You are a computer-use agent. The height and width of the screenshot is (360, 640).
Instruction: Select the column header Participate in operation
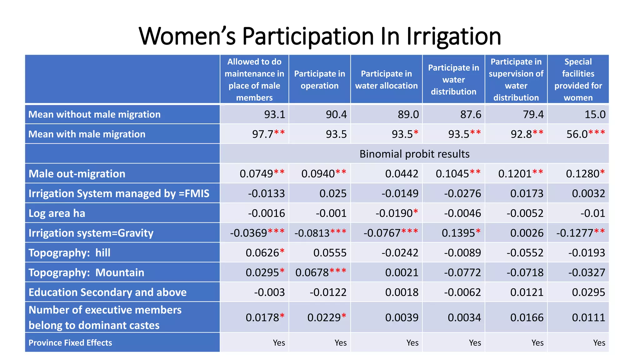319,79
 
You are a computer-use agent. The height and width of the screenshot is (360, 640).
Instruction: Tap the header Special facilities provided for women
578,79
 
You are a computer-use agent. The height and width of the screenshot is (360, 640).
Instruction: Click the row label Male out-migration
77,174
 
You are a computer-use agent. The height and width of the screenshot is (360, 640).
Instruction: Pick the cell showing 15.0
595,114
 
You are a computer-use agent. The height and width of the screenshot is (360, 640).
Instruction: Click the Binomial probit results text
414,154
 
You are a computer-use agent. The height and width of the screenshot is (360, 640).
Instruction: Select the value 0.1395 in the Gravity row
461,233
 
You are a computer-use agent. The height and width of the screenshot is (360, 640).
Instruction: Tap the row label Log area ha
57,213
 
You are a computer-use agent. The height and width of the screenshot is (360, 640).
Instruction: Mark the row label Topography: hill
69,252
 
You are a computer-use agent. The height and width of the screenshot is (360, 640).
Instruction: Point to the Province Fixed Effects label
70,342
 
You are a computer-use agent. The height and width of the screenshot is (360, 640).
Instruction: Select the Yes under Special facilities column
599,343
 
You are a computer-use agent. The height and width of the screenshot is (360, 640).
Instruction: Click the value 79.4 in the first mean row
533,114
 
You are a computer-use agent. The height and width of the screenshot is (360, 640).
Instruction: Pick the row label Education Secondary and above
107,292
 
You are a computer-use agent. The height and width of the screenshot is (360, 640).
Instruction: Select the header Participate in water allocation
386,79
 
